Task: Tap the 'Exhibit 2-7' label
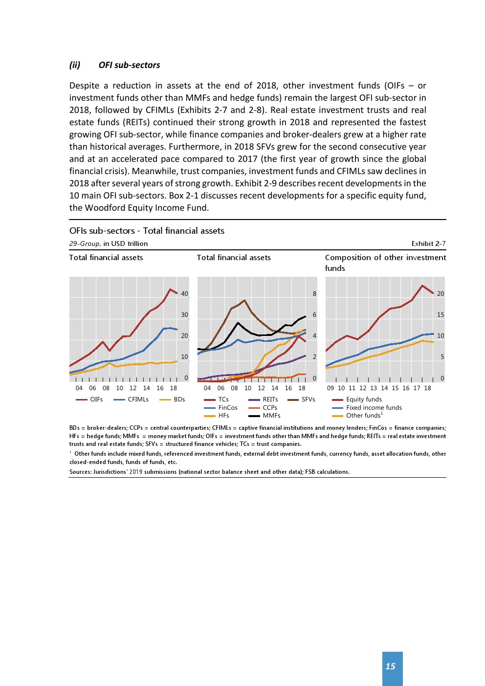tap(428, 243)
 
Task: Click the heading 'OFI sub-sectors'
tap(129, 65)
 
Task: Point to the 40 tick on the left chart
tap(184, 294)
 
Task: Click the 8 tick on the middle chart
tap(314, 294)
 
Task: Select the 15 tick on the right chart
tap(441, 315)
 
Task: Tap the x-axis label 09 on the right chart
tap(331, 388)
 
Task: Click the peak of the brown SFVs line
tap(244, 300)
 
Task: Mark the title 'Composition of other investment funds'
tap(385, 263)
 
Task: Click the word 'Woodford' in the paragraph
tap(105, 208)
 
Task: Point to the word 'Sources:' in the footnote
tap(81, 472)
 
